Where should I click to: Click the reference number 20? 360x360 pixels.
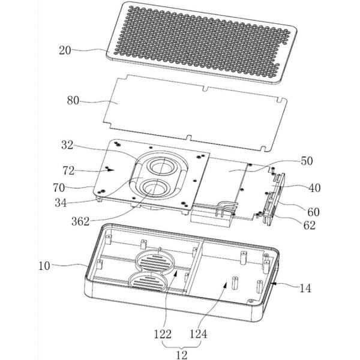(65, 50)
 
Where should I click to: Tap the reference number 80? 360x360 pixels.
(73, 100)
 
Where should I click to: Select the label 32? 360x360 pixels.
(67, 145)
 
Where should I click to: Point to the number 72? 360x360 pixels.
(68, 171)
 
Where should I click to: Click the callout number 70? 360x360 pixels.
(59, 188)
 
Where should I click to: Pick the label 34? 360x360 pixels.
(61, 203)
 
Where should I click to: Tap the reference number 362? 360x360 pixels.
(80, 221)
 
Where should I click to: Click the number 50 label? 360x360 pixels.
(307, 161)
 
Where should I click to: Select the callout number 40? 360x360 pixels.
(314, 188)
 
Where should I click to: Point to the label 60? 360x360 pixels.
(313, 212)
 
